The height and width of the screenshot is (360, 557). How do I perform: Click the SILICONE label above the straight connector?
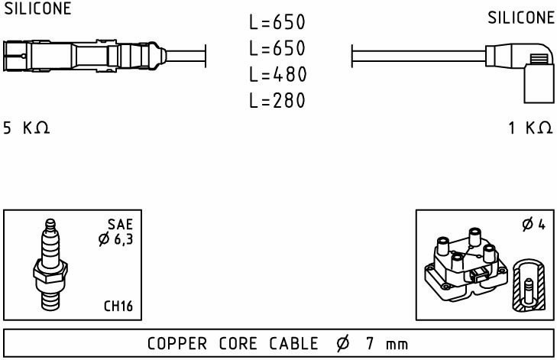[38, 9]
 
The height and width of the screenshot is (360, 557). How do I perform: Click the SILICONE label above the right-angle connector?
[521, 18]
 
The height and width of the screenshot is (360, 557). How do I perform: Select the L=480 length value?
[277, 75]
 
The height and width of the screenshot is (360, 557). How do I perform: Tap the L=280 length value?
[277, 101]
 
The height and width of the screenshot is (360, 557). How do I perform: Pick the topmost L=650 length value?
[277, 23]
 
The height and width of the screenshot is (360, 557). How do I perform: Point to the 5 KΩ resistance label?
[27, 128]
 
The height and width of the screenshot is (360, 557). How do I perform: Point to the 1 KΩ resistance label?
[530, 128]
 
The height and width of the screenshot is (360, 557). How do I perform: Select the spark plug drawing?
[51, 267]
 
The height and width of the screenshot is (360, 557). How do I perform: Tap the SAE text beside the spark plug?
[120, 224]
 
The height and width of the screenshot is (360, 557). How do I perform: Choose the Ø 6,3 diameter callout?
[115, 239]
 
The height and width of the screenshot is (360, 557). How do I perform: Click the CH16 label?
[118, 306]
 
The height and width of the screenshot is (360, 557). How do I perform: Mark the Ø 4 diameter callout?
[533, 225]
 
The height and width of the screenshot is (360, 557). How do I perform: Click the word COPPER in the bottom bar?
[176, 344]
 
